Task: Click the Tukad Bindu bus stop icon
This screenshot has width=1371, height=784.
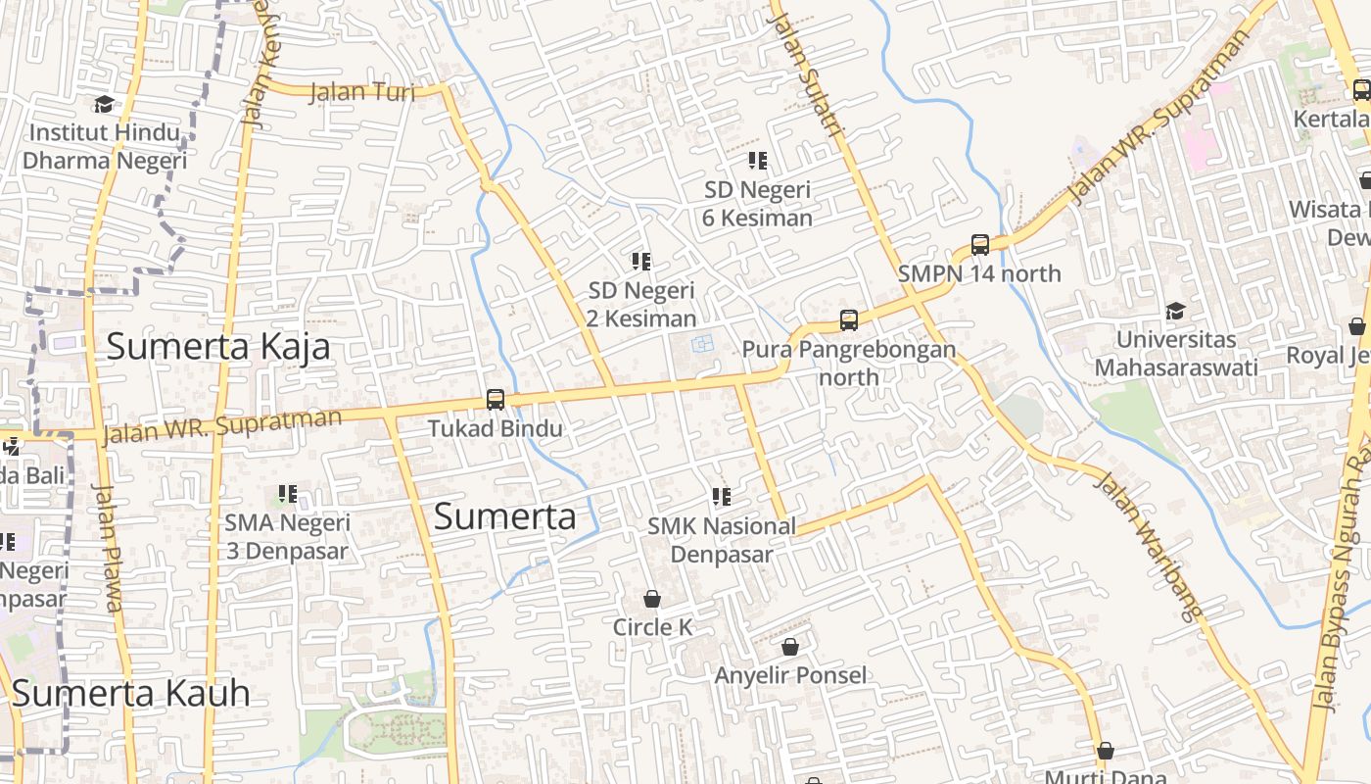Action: point(496,400)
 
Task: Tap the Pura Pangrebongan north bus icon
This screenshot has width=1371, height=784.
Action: point(849,320)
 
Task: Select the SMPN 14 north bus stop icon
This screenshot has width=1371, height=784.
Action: point(980,245)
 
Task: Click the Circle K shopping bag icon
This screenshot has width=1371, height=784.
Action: point(652,599)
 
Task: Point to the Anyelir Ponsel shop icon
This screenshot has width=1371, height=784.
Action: point(790,647)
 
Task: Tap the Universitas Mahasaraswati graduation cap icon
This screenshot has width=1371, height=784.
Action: point(1175,312)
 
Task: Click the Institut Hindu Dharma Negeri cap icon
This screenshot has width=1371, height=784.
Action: point(103,104)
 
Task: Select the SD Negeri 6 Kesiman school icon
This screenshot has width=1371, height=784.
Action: point(757,161)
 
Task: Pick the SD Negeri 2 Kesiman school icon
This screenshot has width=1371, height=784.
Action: point(641,262)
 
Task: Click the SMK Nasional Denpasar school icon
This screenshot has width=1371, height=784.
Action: point(722,497)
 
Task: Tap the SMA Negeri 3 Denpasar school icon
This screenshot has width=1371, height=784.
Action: point(287,494)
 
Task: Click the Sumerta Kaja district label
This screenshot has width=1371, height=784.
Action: point(217,347)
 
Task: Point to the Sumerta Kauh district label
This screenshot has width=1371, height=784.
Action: point(131,694)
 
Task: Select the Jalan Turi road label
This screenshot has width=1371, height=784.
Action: point(361,92)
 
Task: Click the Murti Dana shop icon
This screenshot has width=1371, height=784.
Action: point(1106,751)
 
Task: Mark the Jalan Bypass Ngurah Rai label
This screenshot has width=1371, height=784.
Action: point(1343,588)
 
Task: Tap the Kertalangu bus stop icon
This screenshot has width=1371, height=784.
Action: point(1361,91)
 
